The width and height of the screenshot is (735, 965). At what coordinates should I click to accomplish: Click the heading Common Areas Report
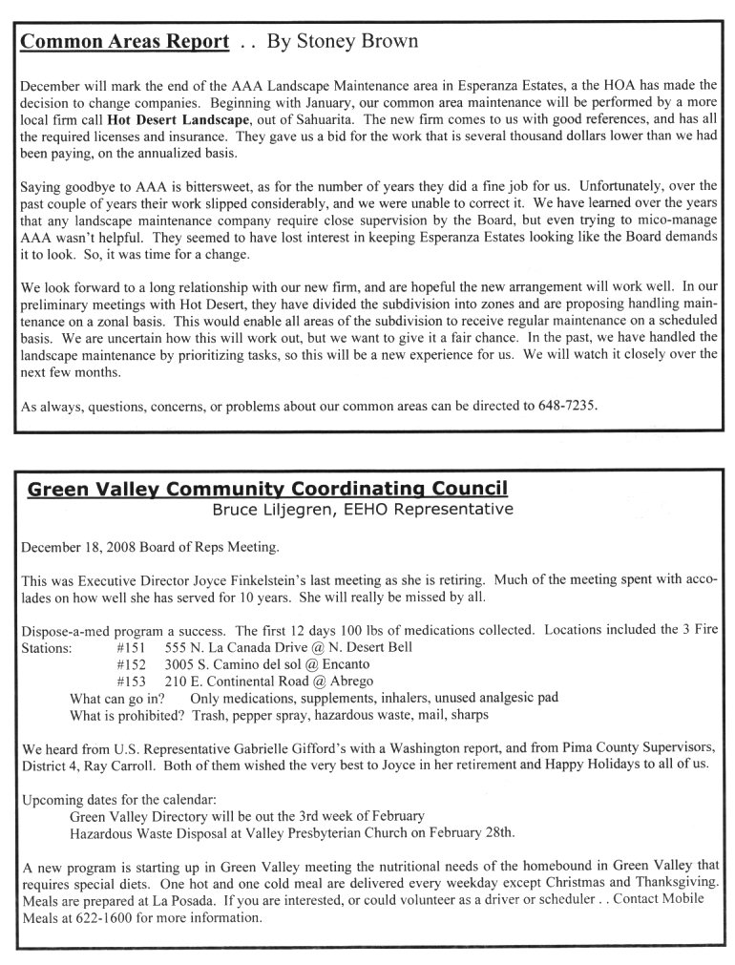[125, 42]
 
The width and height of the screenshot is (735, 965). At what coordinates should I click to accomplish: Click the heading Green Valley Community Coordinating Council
[267, 490]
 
